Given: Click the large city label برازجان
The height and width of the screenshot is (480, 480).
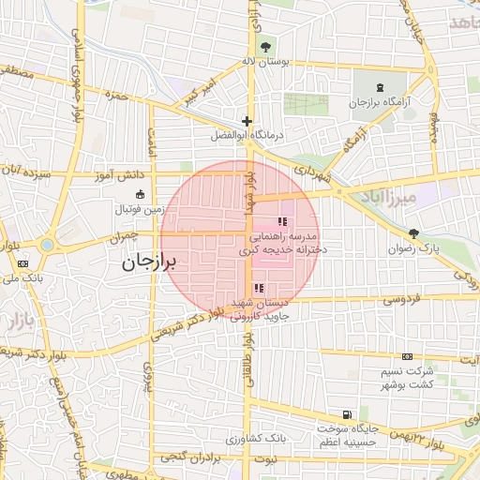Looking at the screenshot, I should (x=155, y=264).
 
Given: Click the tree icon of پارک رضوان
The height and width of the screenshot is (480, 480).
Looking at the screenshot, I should (x=413, y=233).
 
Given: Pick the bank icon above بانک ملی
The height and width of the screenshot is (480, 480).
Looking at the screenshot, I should (x=22, y=264).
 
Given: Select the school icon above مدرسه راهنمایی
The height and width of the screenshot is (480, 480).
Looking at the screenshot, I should (x=282, y=221).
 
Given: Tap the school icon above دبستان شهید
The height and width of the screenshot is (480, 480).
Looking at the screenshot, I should (x=260, y=288).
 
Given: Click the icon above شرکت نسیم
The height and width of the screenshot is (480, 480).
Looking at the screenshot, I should (x=407, y=357).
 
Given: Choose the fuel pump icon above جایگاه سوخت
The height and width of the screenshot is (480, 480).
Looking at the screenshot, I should (x=348, y=414).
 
